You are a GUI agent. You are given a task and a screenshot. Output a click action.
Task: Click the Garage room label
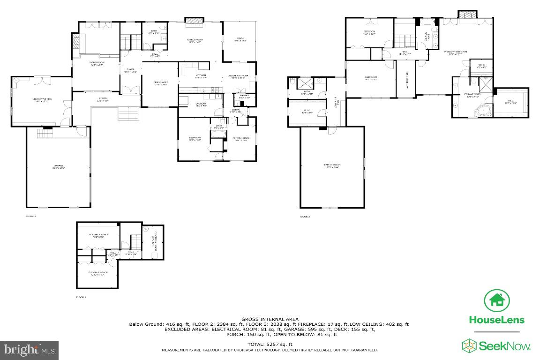pyautogui.click(x=59, y=167)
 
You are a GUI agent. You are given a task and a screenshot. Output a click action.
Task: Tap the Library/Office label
pyautogui.click(x=42, y=100)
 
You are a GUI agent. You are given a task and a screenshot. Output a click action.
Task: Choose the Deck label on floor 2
pyautogui.click(x=240, y=39)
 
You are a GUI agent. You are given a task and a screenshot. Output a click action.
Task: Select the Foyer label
pyautogui.click(x=130, y=71)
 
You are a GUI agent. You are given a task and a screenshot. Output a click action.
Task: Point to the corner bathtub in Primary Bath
pyautogui.click(x=483, y=110)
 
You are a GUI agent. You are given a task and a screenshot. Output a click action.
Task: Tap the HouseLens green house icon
pyautogui.click(x=497, y=301)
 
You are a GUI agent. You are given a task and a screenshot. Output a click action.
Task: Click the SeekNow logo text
pyautogui.click(x=504, y=346)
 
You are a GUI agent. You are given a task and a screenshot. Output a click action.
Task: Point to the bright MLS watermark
pyautogui.click(x=30, y=350)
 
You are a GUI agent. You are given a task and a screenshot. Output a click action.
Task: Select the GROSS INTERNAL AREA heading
pyautogui.click(x=270, y=319)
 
